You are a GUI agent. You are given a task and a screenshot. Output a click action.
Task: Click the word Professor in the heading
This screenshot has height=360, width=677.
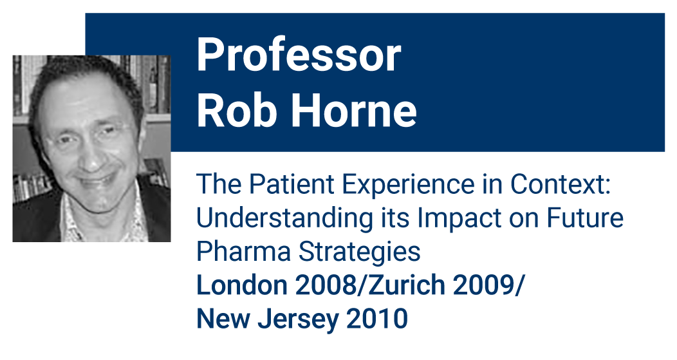coord(299,55)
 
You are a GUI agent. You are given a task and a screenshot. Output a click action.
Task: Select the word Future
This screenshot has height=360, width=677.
coord(585,218)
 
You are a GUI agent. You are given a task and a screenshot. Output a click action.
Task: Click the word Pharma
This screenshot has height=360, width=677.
coord(243,251)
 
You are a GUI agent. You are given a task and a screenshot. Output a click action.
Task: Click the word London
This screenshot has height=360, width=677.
coord(241,285)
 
